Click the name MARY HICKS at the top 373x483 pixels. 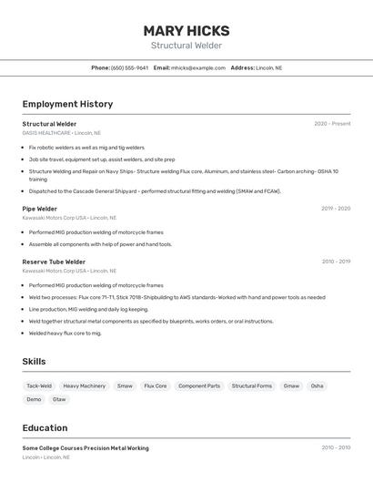(x=186, y=31)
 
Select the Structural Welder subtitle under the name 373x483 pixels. (x=186, y=46)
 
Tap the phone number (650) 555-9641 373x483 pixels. (x=129, y=68)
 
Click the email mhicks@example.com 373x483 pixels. (x=198, y=68)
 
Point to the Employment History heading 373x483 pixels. (x=67, y=104)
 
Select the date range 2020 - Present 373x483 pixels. (x=332, y=124)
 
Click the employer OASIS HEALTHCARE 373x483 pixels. (x=46, y=133)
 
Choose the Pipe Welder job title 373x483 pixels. (x=40, y=209)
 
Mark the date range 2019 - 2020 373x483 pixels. (x=336, y=209)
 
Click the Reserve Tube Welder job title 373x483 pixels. (x=54, y=262)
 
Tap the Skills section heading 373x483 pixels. (x=34, y=362)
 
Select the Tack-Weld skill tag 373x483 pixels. (x=39, y=386)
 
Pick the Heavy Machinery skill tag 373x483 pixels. (x=85, y=386)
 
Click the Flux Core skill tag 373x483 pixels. (x=156, y=386)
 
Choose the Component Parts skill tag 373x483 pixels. (x=199, y=386)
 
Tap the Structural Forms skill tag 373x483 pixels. (x=252, y=386)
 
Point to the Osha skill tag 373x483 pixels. (x=317, y=386)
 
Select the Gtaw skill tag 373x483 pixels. (x=59, y=399)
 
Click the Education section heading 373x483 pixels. (x=45, y=428)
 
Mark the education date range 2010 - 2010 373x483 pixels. (x=336, y=448)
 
